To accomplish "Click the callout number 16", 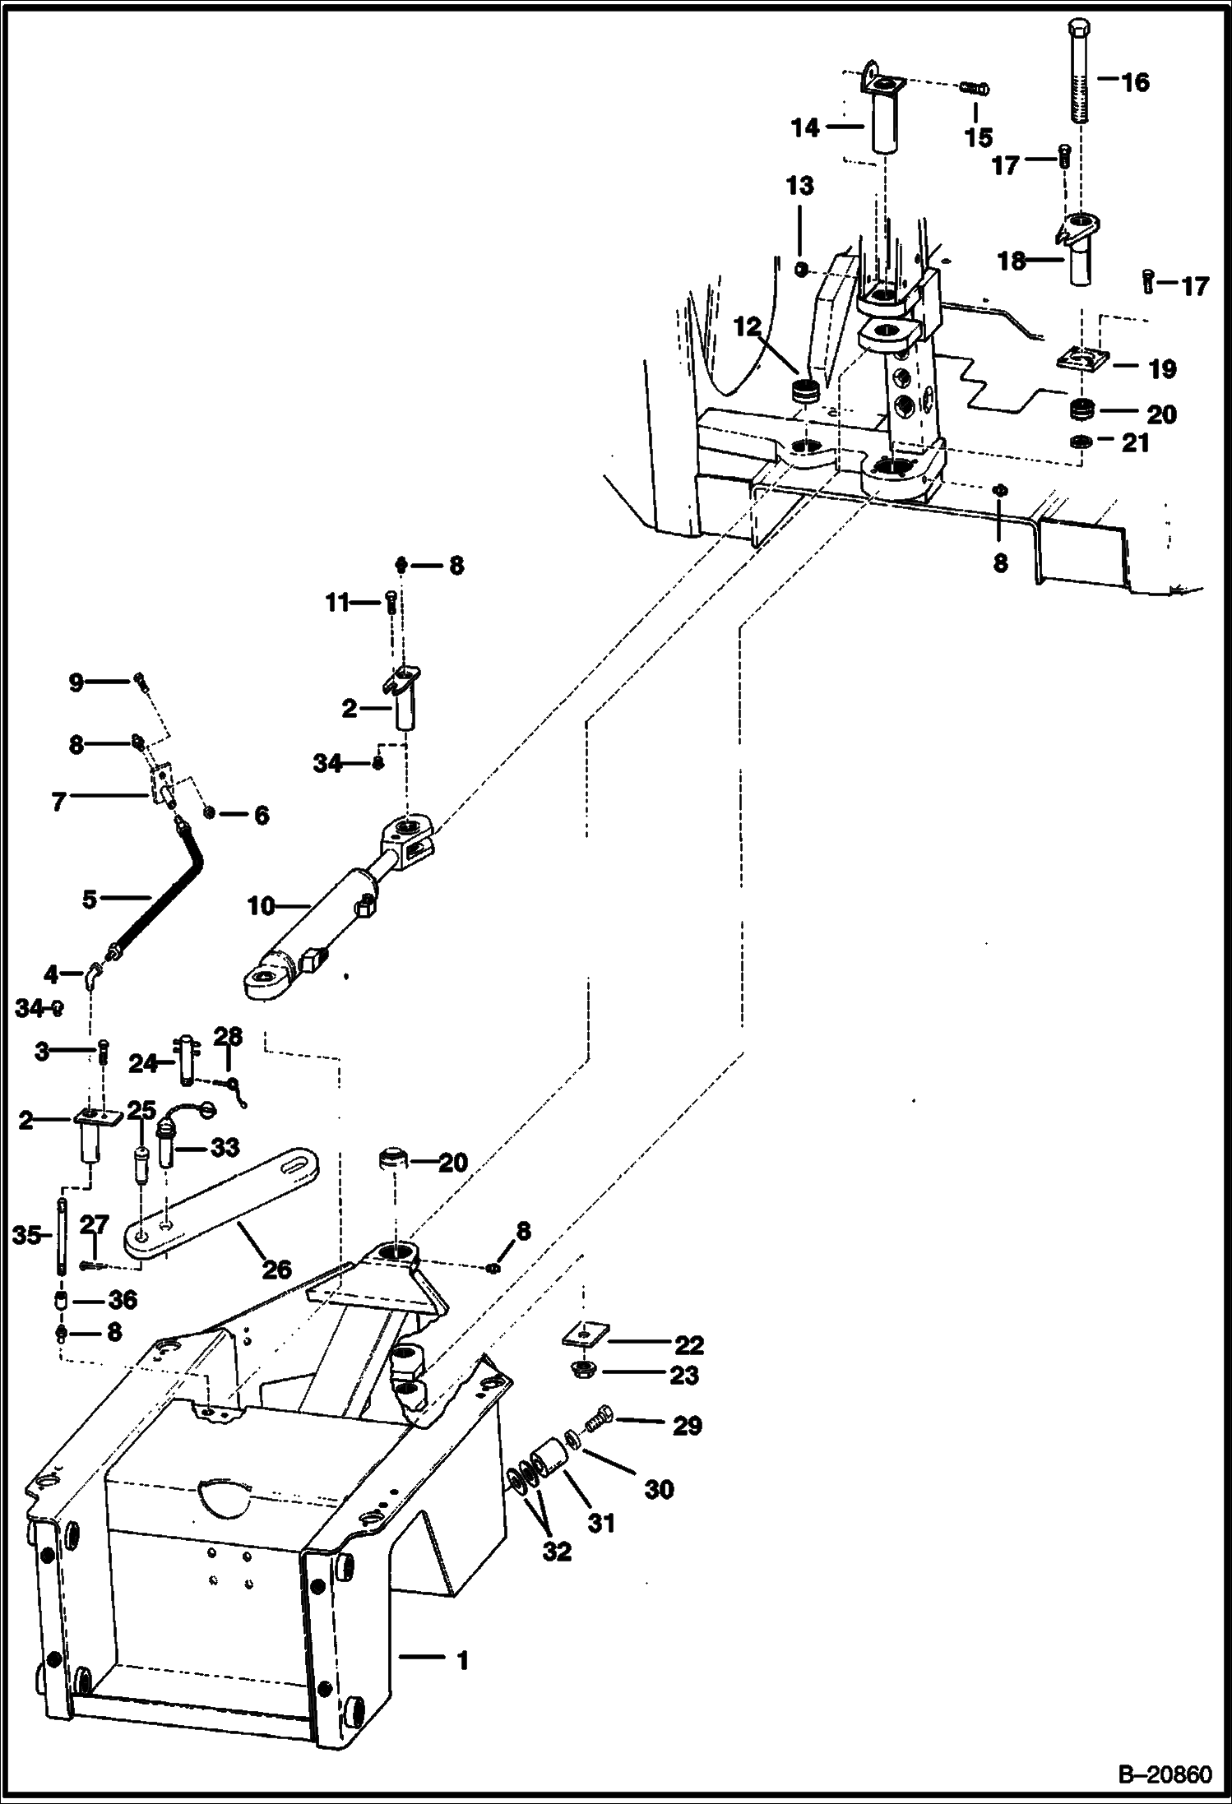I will (x=1135, y=82).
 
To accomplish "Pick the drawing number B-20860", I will (x=1165, y=1775).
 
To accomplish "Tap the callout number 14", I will (x=806, y=127).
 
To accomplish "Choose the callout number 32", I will (x=557, y=1551).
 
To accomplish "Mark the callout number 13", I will (x=799, y=186).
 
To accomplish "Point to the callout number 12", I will (x=748, y=328).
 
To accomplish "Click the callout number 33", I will (x=224, y=1145).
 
